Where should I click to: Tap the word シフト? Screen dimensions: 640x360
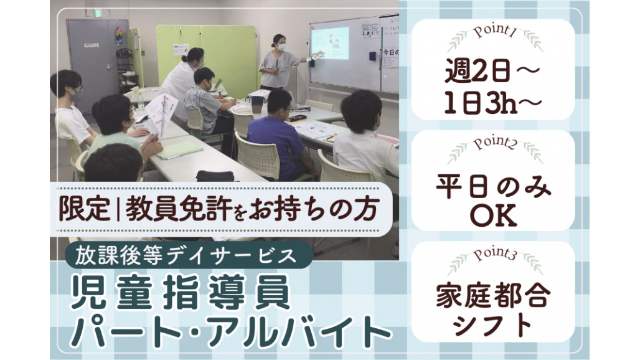point(493,325)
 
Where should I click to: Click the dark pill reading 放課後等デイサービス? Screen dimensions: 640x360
point(189,255)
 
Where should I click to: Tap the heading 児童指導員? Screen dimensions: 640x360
point(180,293)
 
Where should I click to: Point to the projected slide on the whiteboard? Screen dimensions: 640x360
point(331,43)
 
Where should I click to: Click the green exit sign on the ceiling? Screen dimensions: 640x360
point(98,14)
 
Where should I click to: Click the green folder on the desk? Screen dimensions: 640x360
point(179,150)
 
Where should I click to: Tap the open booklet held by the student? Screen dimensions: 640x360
point(162,114)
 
